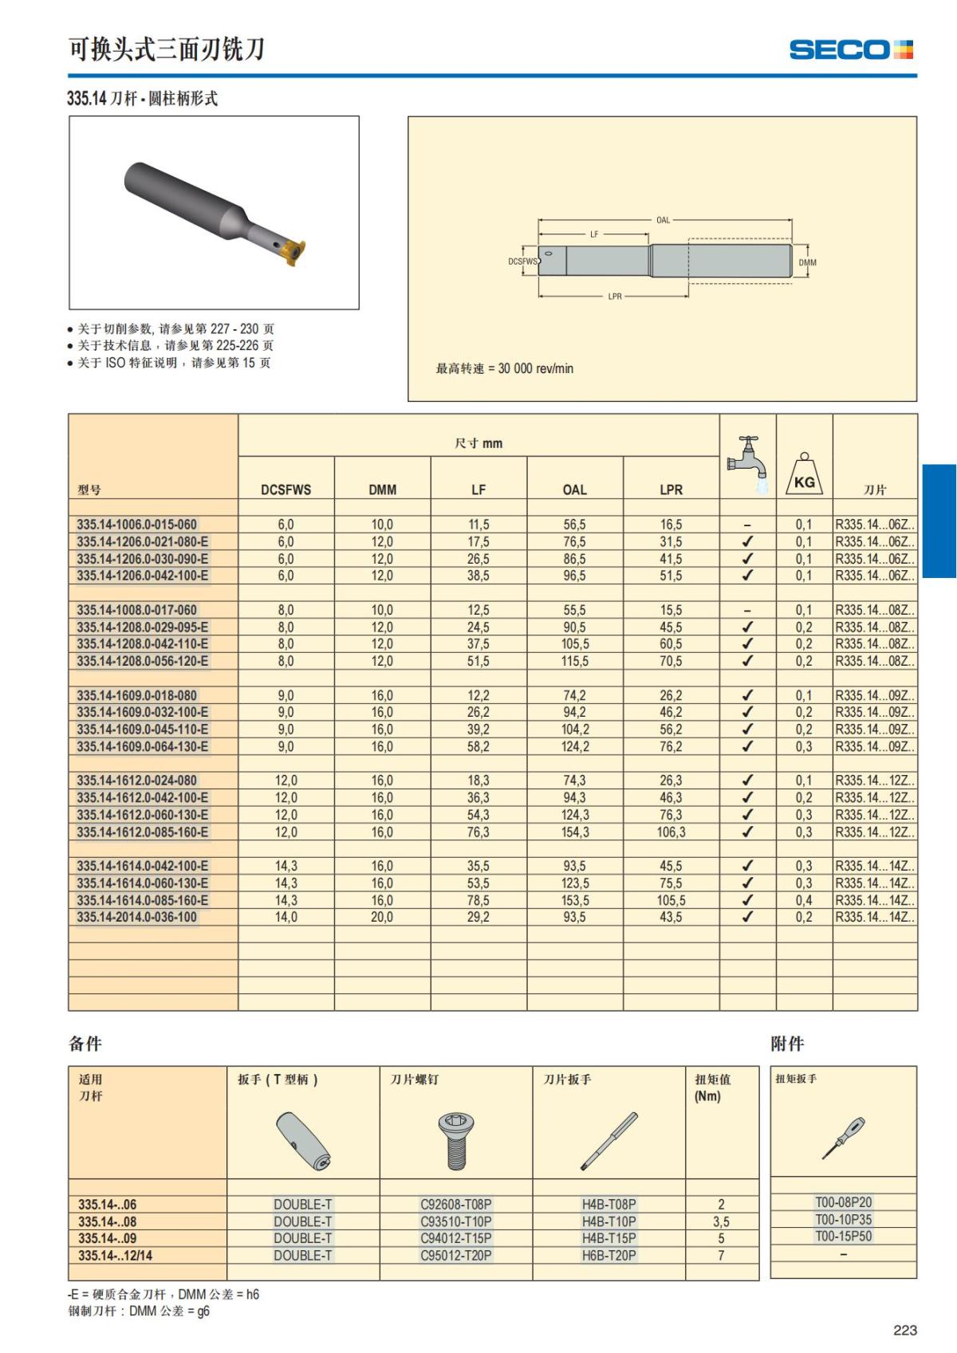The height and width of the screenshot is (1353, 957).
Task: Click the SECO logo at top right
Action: point(850,50)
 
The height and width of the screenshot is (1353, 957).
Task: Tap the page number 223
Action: point(905,1330)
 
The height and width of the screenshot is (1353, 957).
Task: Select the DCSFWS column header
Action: point(286,490)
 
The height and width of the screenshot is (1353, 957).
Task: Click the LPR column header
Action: point(671,490)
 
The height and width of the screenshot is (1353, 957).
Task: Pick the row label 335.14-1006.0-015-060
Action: point(136,525)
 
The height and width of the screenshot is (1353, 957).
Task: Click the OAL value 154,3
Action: point(574,832)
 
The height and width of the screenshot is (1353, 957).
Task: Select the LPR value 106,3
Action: point(671,832)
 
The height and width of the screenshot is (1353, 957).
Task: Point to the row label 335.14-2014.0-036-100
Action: point(136,918)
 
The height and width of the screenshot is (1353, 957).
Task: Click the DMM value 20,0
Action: point(382,918)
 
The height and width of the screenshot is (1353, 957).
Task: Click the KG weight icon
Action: point(804,475)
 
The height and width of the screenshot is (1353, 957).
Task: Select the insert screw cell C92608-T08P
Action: point(455,1205)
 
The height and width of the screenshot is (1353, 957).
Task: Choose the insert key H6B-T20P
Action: point(608,1256)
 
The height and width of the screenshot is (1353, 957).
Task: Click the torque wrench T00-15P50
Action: point(843,1237)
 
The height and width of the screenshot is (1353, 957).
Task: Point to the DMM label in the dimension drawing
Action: point(807,262)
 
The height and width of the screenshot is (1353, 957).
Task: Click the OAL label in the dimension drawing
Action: point(663,220)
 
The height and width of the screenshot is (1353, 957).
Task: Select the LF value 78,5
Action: point(478,901)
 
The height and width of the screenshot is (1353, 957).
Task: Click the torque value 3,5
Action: point(721,1222)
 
